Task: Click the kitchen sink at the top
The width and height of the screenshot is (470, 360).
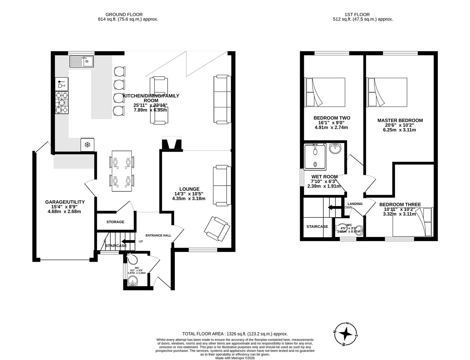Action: tap(82, 61)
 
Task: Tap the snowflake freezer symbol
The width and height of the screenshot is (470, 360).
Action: tap(87, 145)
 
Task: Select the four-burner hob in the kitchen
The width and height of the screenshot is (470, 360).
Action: tap(62, 103)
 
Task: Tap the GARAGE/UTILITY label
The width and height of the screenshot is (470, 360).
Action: tap(65, 202)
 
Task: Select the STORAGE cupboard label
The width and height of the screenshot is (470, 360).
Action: tap(115, 222)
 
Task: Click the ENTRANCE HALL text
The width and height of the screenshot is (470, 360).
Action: tap(158, 235)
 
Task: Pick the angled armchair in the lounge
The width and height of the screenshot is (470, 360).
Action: tap(217, 229)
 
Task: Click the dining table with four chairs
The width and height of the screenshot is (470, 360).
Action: tap(122, 171)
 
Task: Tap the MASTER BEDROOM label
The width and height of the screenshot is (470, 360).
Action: tap(400, 120)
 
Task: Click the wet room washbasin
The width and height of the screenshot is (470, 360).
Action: tap(335, 149)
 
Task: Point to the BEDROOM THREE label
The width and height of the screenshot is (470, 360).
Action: tap(400, 204)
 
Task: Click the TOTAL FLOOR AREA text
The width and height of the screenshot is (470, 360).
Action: tap(235, 334)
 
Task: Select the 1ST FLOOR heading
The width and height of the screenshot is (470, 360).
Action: tap(357, 14)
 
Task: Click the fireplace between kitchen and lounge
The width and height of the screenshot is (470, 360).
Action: tap(172, 144)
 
